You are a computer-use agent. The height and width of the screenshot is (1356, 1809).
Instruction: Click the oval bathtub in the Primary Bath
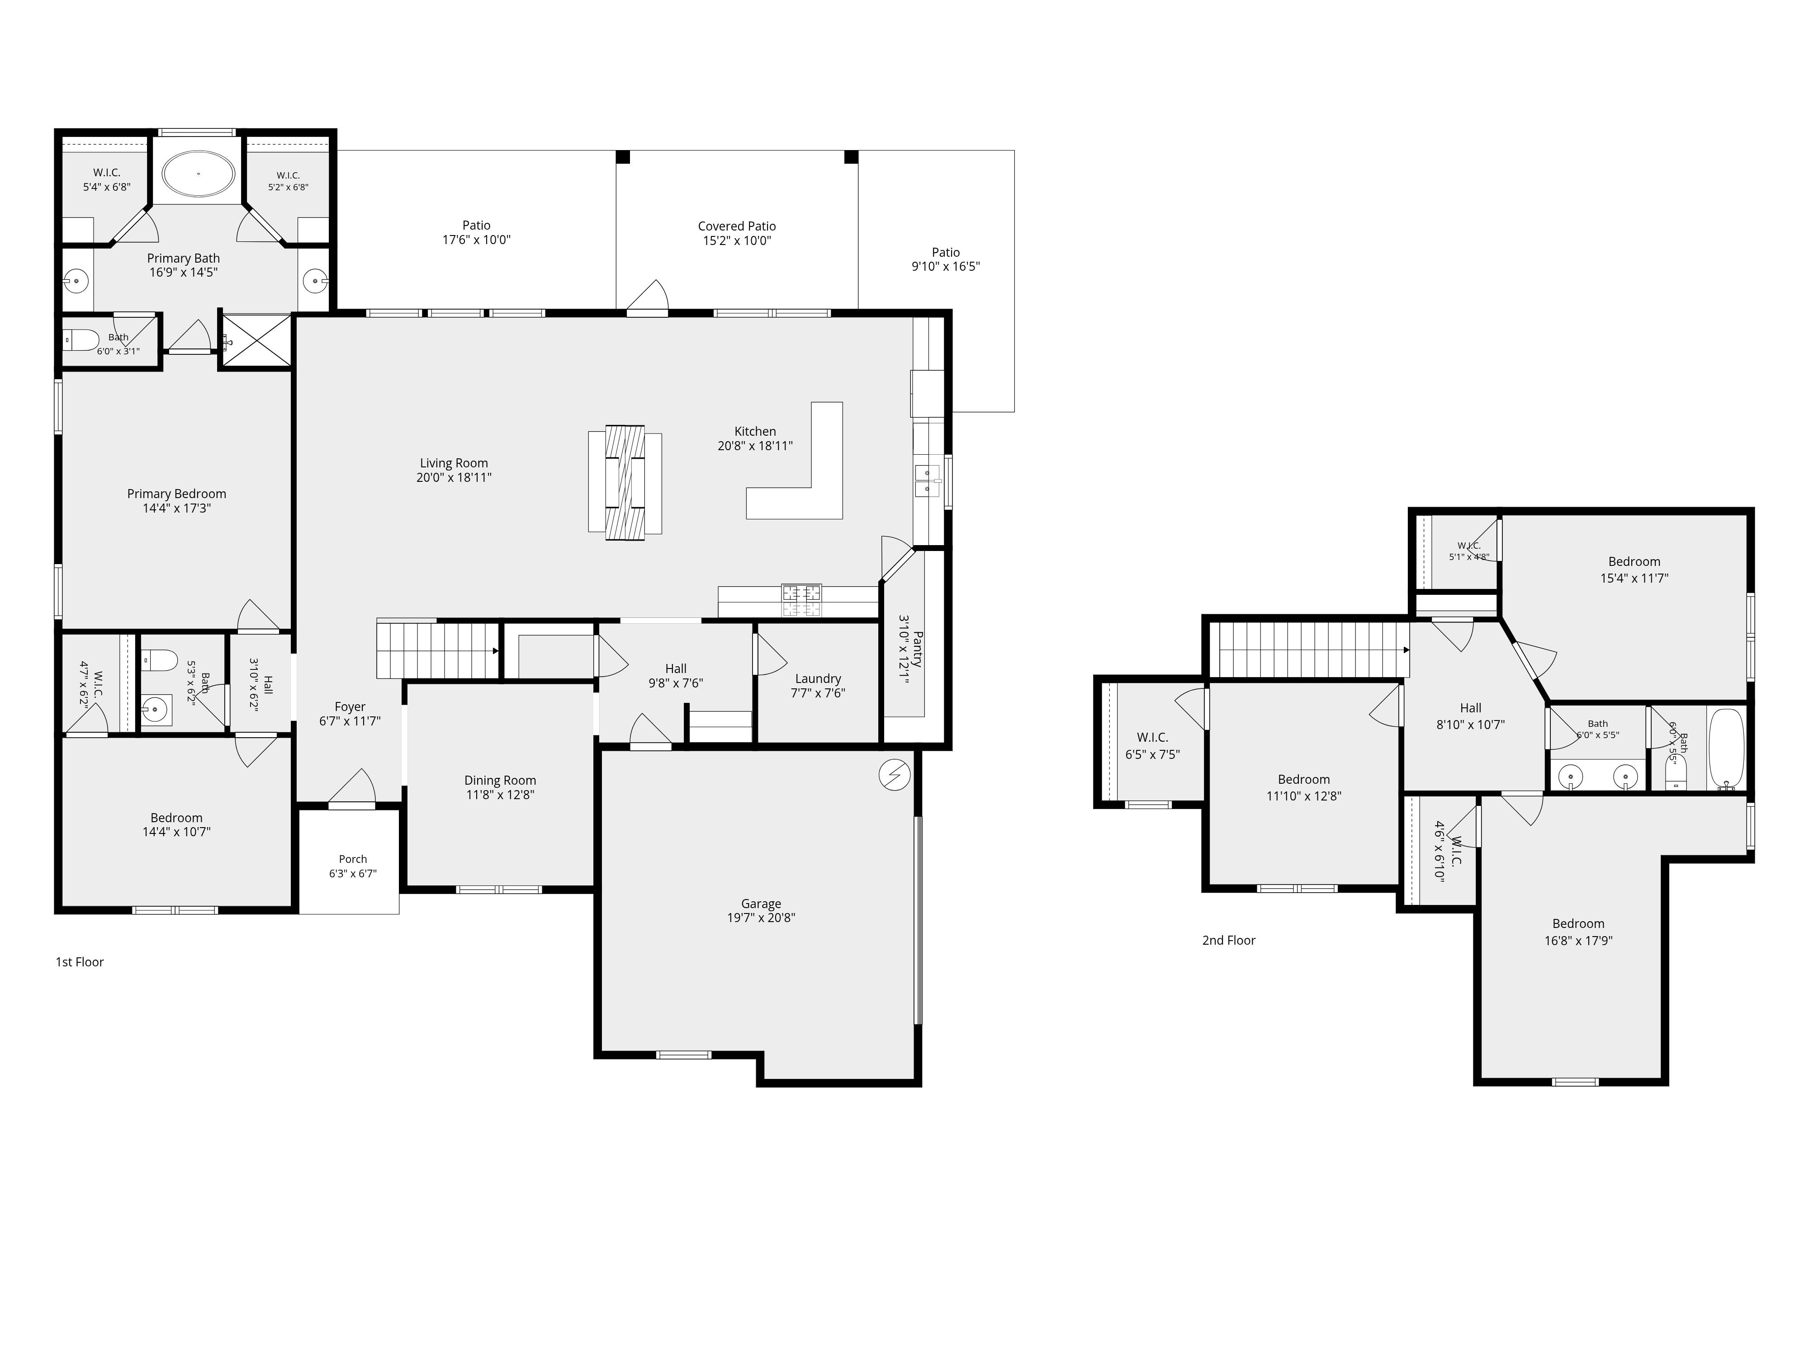(x=198, y=174)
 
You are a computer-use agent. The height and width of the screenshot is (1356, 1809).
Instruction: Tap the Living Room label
(x=454, y=463)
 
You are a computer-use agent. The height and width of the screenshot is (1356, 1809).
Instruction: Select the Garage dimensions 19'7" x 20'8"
(x=762, y=917)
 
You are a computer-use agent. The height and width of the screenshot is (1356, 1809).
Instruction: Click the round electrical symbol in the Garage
(x=894, y=775)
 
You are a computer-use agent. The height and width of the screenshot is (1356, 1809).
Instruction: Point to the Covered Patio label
(x=737, y=226)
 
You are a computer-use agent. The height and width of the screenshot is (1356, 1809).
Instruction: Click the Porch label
(x=353, y=859)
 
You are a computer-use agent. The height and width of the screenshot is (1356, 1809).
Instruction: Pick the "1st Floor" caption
(x=79, y=962)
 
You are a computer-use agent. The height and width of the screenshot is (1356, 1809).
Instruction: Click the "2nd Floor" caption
(x=1228, y=940)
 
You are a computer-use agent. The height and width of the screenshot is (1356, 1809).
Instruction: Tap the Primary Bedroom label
(x=177, y=494)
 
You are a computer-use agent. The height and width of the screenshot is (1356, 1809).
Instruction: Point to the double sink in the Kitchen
(x=928, y=480)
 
